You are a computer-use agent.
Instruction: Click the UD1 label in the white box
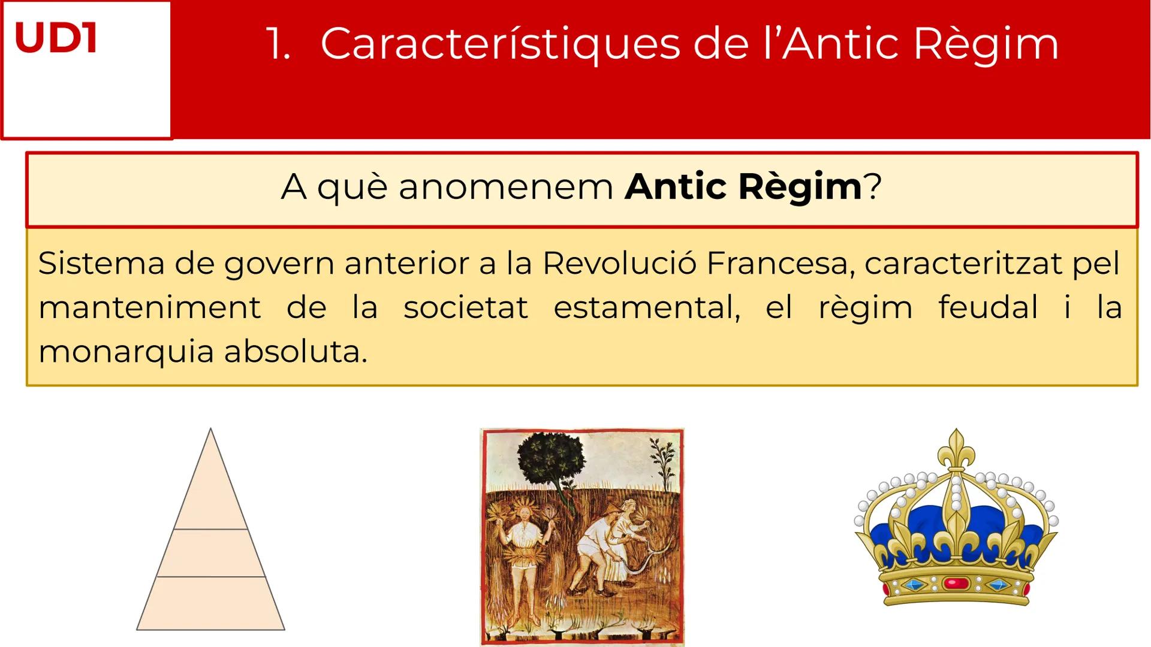click(x=55, y=38)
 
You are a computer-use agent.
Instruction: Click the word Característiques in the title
click(x=500, y=44)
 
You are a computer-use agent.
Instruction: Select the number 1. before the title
click(x=278, y=44)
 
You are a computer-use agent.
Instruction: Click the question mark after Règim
click(x=873, y=186)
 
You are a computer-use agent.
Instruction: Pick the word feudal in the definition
click(x=988, y=307)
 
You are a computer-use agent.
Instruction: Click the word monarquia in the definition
click(x=126, y=352)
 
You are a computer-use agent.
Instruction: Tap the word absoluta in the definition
click(x=295, y=352)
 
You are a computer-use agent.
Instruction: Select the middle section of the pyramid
click(x=210, y=553)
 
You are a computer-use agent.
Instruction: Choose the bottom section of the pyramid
click(x=210, y=603)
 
